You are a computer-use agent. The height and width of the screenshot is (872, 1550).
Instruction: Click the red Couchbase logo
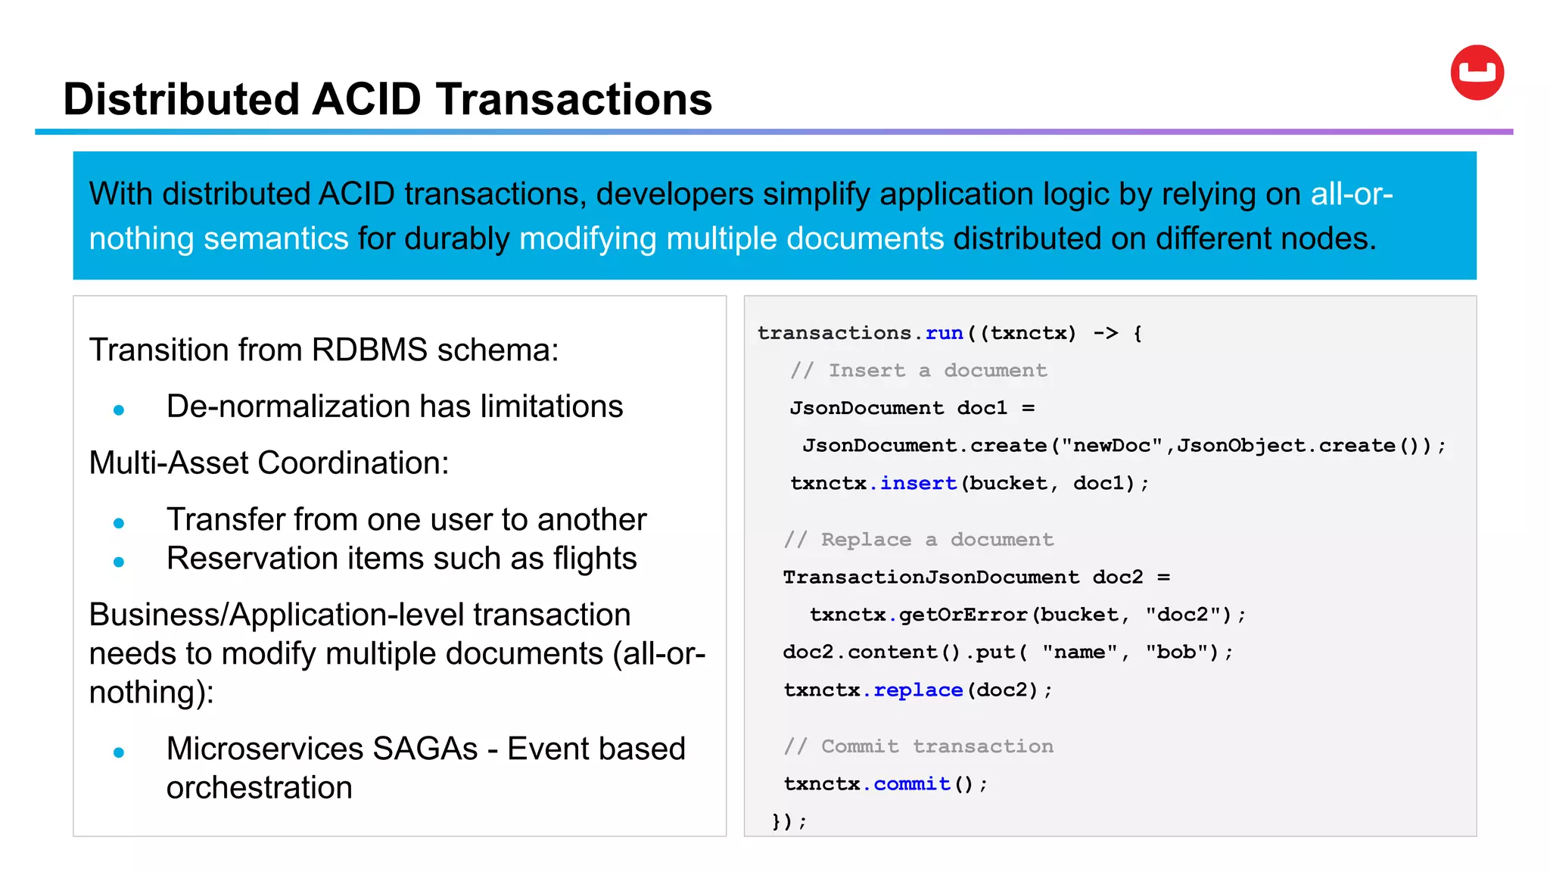coord(1477,73)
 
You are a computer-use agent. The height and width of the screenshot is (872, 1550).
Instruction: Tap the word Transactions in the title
coord(574,99)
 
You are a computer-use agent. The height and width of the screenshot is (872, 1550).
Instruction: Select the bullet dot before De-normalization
coord(119,410)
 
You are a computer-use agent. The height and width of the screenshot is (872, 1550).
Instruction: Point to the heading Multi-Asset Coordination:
coord(269,463)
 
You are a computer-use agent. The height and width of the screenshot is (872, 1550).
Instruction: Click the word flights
coord(595,559)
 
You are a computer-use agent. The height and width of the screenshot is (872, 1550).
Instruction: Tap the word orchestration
coord(259,788)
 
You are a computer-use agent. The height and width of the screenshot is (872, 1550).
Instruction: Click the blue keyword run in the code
coord(944,333)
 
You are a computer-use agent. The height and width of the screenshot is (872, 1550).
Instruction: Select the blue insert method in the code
coord(918,483)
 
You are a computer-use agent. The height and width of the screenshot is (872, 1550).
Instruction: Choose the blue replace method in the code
coord(918,690)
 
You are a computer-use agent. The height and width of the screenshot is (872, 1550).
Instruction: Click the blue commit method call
coord(912,783)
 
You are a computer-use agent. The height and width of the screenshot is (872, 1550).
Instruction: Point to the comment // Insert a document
coord(918,370)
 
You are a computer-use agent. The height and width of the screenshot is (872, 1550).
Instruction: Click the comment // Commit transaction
coord(918,746)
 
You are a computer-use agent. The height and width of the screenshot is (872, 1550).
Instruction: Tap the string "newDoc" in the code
coord(1112,445)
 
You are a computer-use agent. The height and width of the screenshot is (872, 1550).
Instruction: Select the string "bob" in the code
coord(1176,652)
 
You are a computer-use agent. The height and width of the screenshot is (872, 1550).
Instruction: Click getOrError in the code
coord(963,614)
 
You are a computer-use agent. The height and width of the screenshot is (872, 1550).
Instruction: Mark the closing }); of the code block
coord(789,821)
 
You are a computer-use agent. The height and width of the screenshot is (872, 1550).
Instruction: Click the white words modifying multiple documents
coord(731,239)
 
